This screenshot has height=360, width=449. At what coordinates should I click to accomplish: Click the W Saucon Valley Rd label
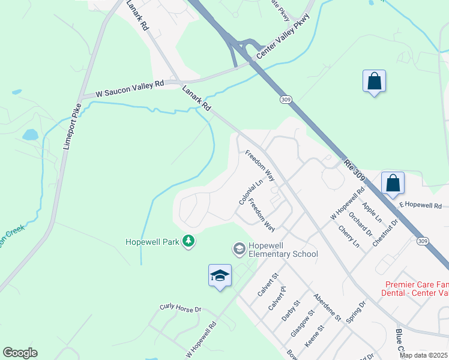(130, 89)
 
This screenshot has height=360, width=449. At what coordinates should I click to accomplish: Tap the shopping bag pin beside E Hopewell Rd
(393, 183)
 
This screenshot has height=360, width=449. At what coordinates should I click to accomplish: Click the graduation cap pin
(220, 275)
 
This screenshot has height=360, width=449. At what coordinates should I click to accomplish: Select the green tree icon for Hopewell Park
(189, 241)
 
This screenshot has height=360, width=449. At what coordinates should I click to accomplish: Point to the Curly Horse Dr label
(179, 308)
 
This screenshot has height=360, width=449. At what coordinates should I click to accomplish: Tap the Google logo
(20, 353)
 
